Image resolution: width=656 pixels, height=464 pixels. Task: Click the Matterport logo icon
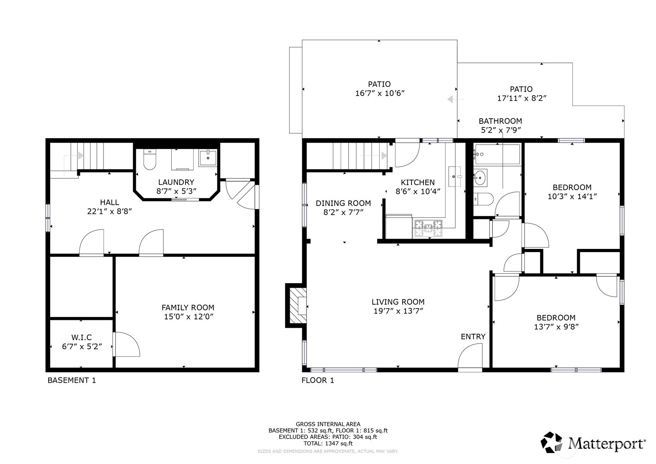point(551,442)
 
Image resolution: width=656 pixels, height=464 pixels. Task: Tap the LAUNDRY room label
point(176,182)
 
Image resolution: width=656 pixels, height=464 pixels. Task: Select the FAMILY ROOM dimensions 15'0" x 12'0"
point(189,317)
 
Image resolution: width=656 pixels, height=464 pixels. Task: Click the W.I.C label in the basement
point(81,337)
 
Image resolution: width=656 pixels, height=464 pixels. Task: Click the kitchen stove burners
point(427,229)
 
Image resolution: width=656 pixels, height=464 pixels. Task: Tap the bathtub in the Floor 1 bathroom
point(497,155)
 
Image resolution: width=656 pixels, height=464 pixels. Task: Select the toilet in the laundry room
point(150,160)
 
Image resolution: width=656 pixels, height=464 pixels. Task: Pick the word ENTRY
point(473,337)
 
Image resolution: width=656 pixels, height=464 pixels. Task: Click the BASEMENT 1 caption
point(72,380)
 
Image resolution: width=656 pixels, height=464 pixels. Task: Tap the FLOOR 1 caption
point(318,380)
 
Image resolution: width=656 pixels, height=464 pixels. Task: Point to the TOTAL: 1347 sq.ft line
point(328,444)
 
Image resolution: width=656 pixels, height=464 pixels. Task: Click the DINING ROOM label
point(343,203)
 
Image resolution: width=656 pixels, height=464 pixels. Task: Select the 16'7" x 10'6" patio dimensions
point(380,94)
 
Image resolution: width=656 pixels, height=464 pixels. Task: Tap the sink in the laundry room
point(208,158)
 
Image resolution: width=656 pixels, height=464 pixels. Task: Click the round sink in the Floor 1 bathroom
point(480,178)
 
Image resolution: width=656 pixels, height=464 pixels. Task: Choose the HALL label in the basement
point(110,202)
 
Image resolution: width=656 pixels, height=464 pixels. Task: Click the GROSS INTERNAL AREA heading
point(328,424)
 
